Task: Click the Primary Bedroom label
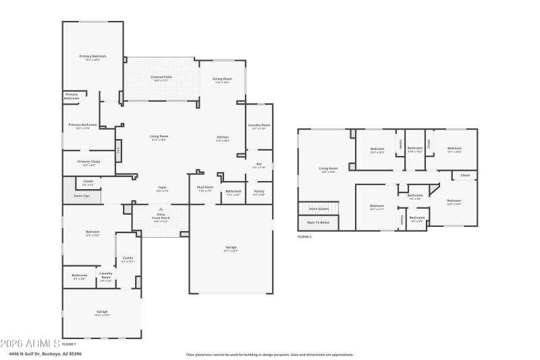point(92,57)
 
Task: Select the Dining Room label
point(221,80)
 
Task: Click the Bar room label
point(259,165)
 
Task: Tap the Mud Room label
point(205,188)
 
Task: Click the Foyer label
point(163,188)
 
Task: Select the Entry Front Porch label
point(161,218)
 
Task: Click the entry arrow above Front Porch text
point(161,209)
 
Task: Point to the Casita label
point(128,259)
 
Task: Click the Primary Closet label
point(88,163)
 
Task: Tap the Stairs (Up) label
point(82,197)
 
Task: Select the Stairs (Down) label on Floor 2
point(319,209)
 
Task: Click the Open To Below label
point(318,222)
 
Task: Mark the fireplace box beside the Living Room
point(119,150)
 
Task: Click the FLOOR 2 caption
point(305,237)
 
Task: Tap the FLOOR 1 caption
point(69,344)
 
